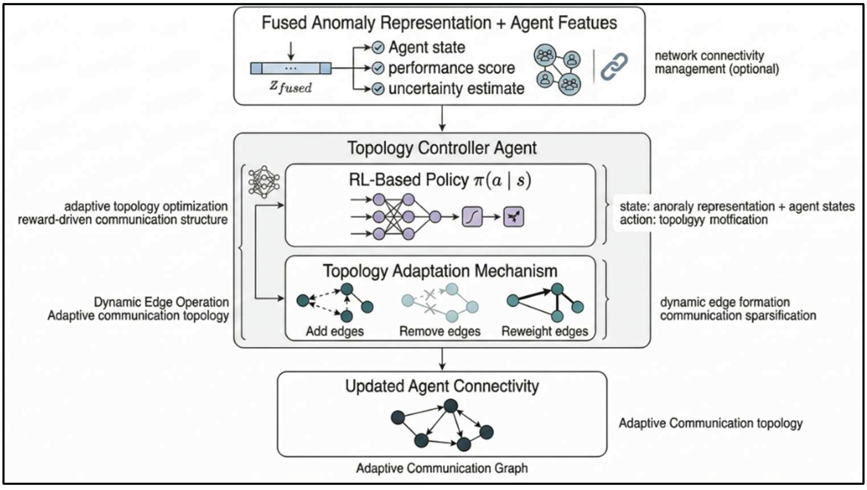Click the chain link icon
coord(614,66)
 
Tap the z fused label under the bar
coord(290,87)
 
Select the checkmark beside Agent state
coord(378,47)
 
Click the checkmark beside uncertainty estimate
coord(378,89)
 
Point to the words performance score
coord(451,68)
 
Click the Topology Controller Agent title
coord(442,148)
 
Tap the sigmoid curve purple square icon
coord(472,217)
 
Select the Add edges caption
coord(334,331)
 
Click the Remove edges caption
coord(440,331)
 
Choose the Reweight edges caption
coord(545,331)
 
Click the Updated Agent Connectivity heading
coord(442,386)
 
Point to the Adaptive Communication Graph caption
coord(442,468)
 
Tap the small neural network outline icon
coord(264,182)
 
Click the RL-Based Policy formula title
coord(440,180)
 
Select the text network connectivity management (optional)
coord(716,62)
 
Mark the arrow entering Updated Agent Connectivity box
coord(442,360)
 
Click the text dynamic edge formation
coord(725,302)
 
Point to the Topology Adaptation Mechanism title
coord(440,271)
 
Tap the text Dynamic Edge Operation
coord(161,302)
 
